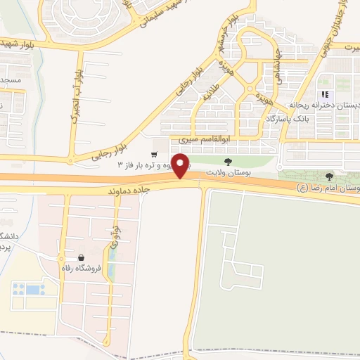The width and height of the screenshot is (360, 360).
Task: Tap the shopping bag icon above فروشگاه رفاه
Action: [83, 257]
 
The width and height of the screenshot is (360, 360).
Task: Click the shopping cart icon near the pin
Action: [153, 154]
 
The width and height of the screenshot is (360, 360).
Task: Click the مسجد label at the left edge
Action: [11, 81]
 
